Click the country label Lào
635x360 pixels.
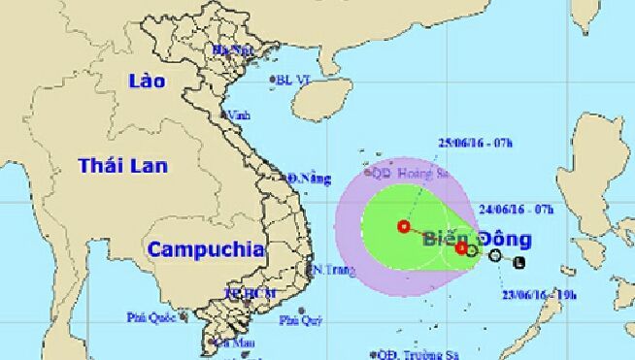tap(149, 81)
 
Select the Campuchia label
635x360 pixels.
tap(206, 248)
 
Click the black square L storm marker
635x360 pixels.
tap(518, 262)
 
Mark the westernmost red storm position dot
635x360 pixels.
tap(403, 227)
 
